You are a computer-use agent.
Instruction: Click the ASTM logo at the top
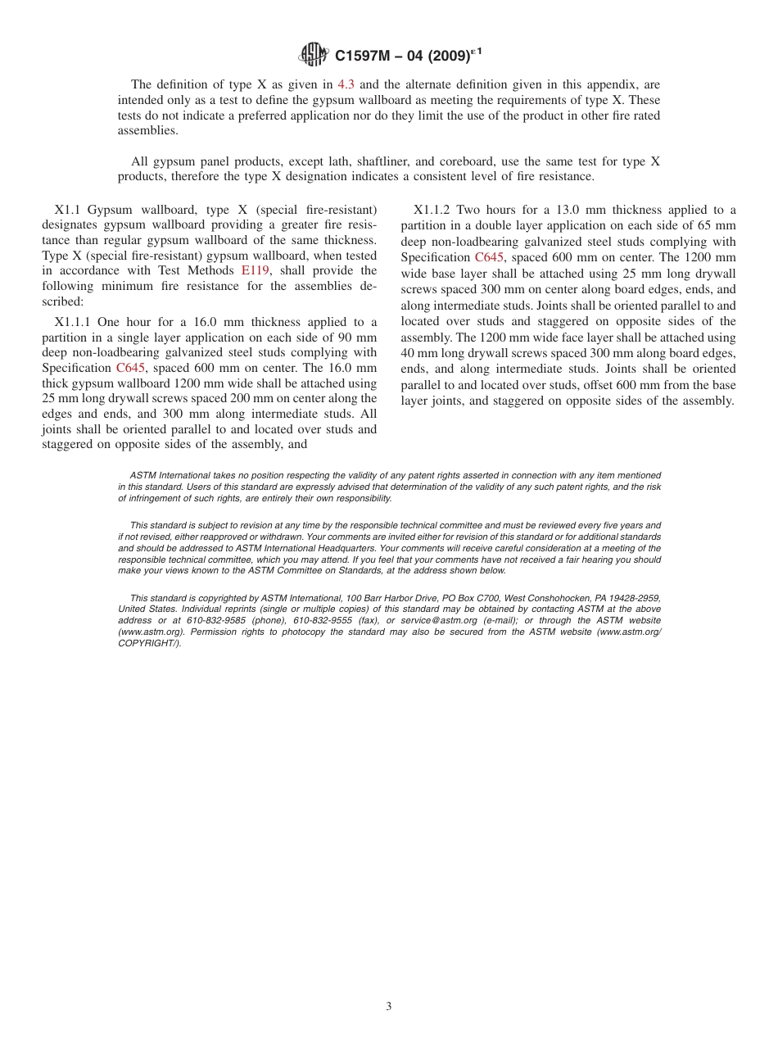[x=314, y=55]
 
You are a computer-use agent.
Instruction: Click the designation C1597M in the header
[x=364, y=56]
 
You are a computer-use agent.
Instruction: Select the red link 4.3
[x=346, y=84]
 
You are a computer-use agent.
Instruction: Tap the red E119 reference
[x=255, y=270]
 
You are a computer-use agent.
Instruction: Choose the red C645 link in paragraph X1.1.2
[x=489, y=257]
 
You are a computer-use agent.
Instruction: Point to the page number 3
[x=389, y=1007]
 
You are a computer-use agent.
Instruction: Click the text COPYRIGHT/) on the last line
[x=149, y=644]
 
